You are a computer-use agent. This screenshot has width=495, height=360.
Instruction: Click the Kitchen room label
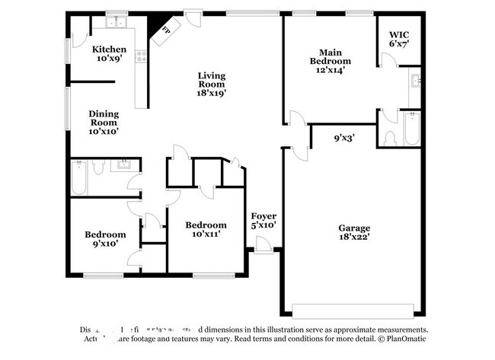click(x=109, y=50)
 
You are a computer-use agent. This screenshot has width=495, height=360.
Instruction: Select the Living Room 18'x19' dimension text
click(x=212, y=94)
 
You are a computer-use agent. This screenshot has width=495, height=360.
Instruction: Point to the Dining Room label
click(x=104, y=122)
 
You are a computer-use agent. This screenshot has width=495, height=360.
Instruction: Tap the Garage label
click(x=354, y=228)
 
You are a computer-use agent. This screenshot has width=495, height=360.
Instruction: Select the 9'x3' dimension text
click(x=344, y=139)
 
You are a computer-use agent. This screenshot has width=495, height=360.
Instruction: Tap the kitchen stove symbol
click(x=140, y=56)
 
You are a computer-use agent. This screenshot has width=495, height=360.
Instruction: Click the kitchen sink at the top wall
click(x=117, y=22)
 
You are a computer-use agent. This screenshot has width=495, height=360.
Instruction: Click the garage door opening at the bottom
click(x=353, y=311)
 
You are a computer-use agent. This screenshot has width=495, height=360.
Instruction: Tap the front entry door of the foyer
click(x=263, y=245)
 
